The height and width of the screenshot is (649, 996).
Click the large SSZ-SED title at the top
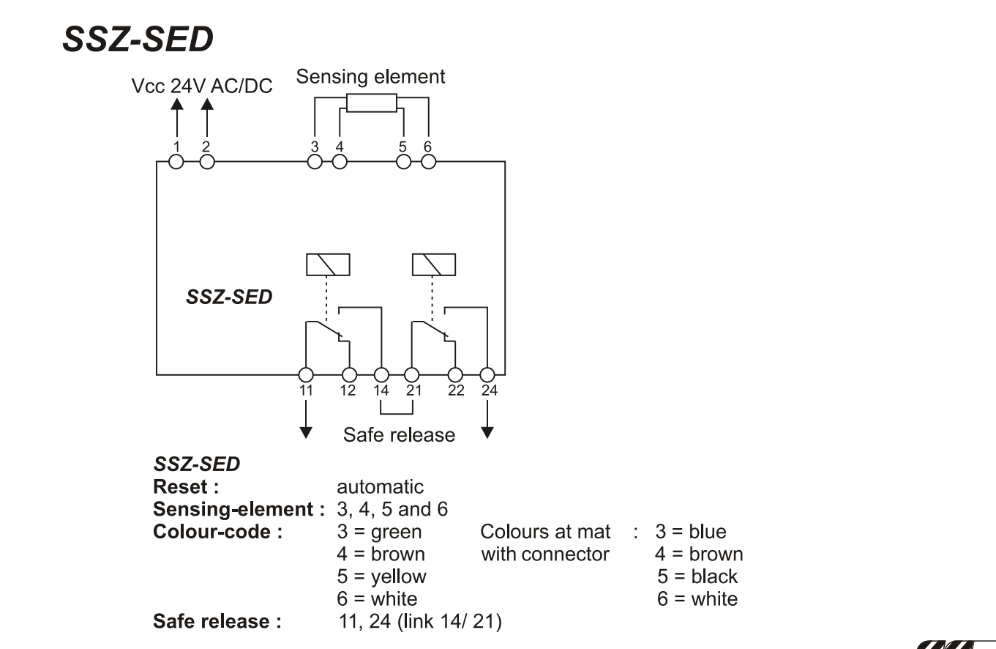click(x=138, y=39)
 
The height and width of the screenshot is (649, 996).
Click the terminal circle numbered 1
click(x=176, y=162)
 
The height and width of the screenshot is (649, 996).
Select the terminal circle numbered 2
click(x=207, y=162)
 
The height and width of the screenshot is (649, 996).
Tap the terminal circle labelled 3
click(x=315, y=162)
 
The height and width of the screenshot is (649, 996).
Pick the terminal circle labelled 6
click(x=429, y=162)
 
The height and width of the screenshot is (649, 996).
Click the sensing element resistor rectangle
click(x=372, y=103)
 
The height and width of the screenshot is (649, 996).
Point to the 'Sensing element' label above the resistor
click(x=370, y=77)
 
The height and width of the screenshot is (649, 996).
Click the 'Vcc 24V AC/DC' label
click(x=202, y=86)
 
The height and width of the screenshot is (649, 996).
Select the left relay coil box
click(x=328, y=265)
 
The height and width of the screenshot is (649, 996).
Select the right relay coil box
click(x=434, y=265)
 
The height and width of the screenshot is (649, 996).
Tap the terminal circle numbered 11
click(x=306, y=375)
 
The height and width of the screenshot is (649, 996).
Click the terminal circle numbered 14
click(x=381, y=375)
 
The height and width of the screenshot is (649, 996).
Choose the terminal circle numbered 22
click(x=455, y=375)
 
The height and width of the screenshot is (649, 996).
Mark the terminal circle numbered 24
click(x=487, y=375)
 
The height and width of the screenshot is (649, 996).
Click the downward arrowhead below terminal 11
click(x=306, y=433)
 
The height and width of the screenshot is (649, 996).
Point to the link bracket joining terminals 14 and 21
click(x=397, y=414)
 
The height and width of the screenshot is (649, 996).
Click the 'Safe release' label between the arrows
click(x=400, y=435)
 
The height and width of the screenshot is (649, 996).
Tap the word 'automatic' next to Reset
click(x=380, y=487)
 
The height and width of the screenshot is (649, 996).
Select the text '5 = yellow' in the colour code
click(x=381, y=576)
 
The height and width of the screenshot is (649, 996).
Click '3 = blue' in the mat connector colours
click(x=691, y=532)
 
